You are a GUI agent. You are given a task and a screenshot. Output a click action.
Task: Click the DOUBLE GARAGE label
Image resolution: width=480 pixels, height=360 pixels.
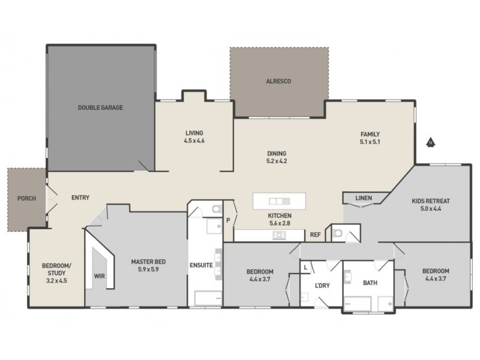pos(100,108)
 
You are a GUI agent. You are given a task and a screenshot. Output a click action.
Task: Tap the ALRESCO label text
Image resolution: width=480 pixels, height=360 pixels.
pos(278,80)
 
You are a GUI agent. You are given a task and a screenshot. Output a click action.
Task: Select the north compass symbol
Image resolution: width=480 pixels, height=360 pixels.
pos(430,143)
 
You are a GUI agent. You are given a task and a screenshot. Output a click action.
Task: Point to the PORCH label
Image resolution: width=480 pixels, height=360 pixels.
pos(25,198)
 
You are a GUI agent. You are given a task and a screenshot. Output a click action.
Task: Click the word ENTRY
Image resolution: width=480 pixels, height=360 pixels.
pos(80,198)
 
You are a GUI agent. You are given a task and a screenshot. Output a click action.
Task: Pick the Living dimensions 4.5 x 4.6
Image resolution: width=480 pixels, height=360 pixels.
pos(194,141)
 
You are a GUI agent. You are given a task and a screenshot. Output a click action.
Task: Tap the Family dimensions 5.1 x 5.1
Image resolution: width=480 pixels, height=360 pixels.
pos(370,142)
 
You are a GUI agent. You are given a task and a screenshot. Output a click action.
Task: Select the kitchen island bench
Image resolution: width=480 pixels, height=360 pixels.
pos(279,200)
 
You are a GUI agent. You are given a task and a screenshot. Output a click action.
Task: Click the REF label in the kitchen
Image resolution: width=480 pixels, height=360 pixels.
pos(315,235)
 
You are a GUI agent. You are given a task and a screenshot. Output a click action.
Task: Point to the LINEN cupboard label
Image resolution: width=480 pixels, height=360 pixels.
pos(363,198)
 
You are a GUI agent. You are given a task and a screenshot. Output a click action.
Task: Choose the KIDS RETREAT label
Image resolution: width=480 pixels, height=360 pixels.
pos(430,201)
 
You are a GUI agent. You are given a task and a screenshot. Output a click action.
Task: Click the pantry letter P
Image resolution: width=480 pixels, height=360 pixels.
pos(228,220)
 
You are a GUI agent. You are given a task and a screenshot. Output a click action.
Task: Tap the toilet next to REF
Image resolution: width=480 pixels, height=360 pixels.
pos(337,233)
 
